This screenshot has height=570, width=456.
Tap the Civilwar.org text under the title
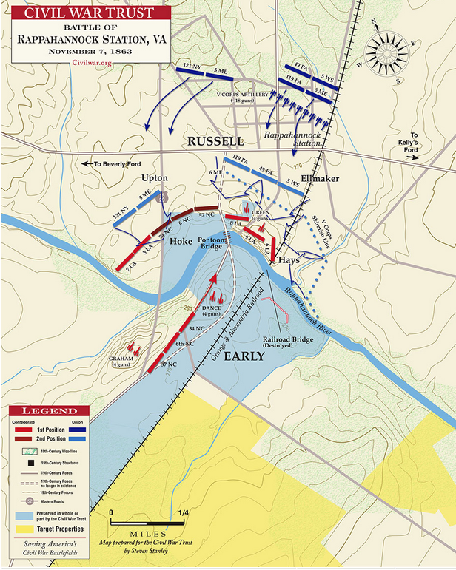[x=92, y=64]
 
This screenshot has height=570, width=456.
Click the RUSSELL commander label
[x=215, y=140]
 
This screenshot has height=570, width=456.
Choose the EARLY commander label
[x=244, y=356]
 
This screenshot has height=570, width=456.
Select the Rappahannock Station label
[x=292, y=139]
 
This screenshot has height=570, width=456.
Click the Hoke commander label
[x=181, y=241]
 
